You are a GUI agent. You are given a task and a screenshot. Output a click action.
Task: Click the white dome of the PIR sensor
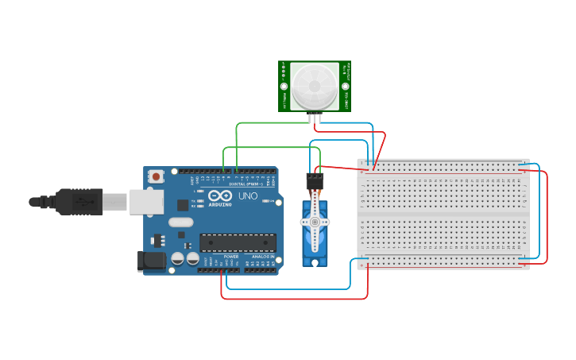pyautogui.click(x=314, y=87)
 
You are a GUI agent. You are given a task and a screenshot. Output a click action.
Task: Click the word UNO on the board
pyautogui.click(x=248, y=195)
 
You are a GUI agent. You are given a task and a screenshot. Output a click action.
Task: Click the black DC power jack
pyautogui.click(x=150, y=261)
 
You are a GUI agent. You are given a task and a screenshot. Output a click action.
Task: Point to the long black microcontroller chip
pyautogui.click(x=238, y=242)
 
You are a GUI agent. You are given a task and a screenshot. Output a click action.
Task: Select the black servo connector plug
pyautogui.click(x=315, y=181)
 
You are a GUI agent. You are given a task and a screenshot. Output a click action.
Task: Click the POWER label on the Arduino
pyautogui.click(x=231, y=257)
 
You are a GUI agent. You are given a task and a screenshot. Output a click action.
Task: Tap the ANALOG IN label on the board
pyautogui.click(x=263, y=257)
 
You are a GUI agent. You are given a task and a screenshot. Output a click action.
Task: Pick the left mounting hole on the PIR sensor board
pyautogui.click(x=283, y=86)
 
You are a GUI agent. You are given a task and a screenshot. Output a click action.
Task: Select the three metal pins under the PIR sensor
pyautogui.click(x=315, y=119)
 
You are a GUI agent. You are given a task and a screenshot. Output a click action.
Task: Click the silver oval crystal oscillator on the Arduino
pyautogui.click(x=180, y=223)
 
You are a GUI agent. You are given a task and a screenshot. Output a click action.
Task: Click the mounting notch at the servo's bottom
pyautogui.click(x=315, y=261)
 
